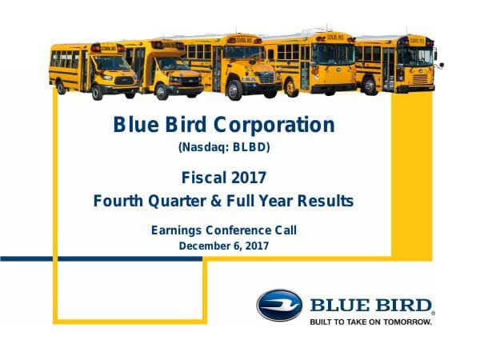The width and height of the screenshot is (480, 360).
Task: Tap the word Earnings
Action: point(178,231)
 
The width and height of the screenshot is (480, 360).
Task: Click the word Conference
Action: point(248,231)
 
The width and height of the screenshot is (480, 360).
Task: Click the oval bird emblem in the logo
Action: point(279,306)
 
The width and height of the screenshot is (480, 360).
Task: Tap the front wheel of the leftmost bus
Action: point(98,90)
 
